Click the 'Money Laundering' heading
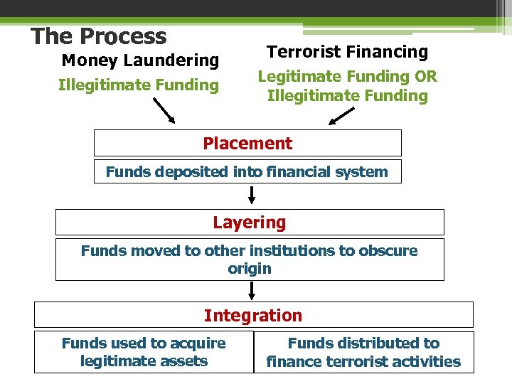[140, 60]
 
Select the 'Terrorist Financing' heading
[347, 52]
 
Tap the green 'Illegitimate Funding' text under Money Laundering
[138, 85]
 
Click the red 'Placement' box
[247, 143]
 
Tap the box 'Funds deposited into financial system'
[247, 171]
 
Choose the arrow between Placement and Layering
[252, 196]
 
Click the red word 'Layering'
[249, 223]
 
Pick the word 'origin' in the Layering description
[250, 269]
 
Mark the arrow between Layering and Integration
[252, 291]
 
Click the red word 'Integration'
[253, 315]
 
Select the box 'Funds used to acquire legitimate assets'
[144, 352]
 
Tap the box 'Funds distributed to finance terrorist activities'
[363, 352]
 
